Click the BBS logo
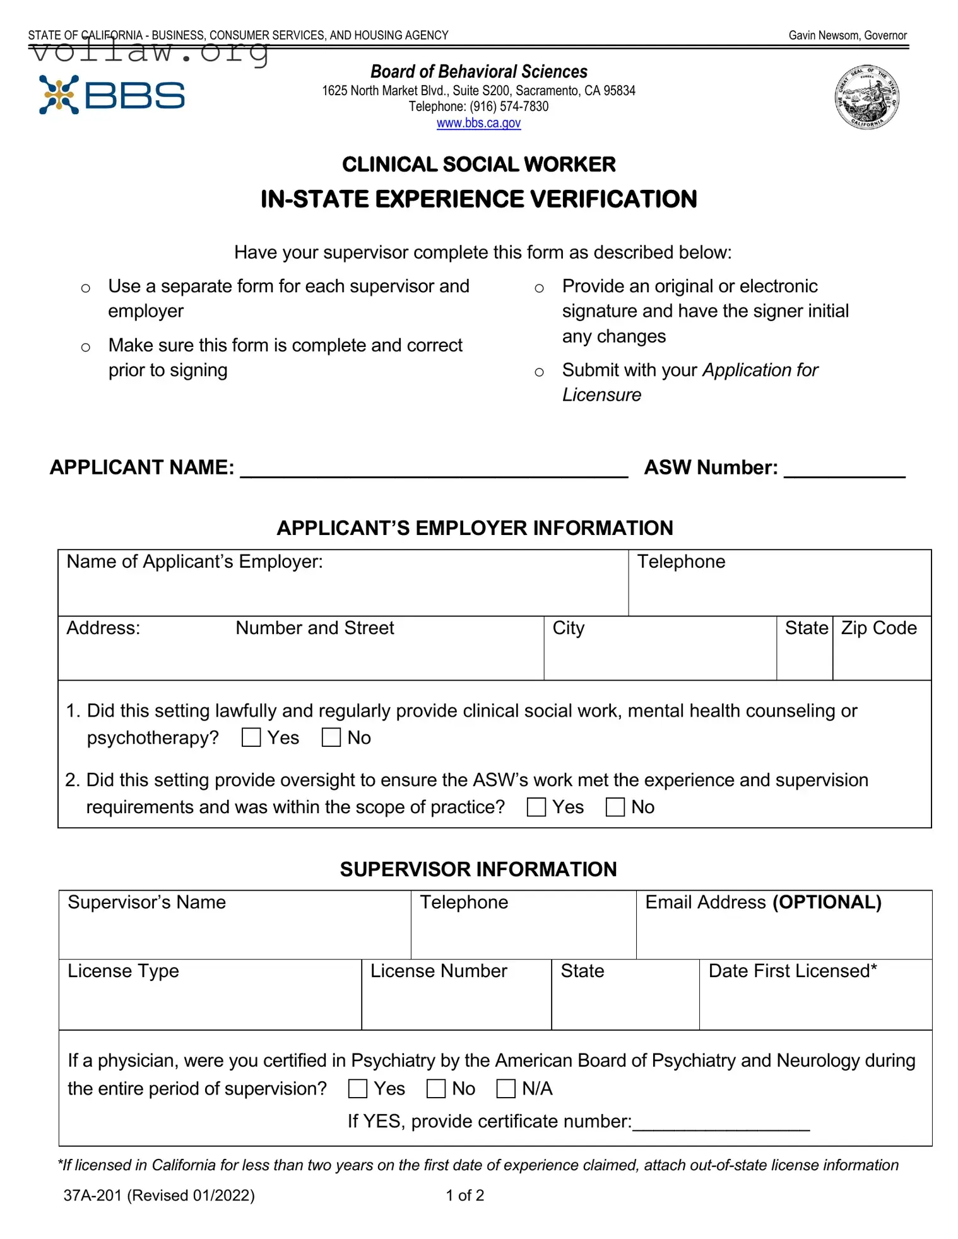(112, 95)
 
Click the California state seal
(866, 98)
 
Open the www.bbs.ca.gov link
(478, 123)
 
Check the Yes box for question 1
(251, 737)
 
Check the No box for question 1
(331, 737)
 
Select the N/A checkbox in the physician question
(506, 1088)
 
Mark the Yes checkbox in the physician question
(358, 1088)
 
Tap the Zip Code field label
(878, 628)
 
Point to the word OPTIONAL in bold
(827, 902)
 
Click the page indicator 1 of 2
(464, 1195)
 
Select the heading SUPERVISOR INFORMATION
(478, 869)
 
